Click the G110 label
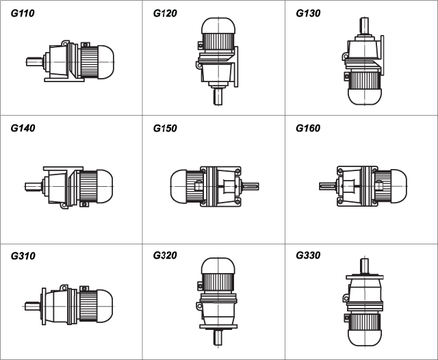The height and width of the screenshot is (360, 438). pyautogui.click(x=23, y=13)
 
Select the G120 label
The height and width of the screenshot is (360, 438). pyautogui.click(x=165, y=13)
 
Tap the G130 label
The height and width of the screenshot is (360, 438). pyautogui.click(x=308, y=13)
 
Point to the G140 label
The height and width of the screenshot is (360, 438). pyautogui.click(x=23, y=128)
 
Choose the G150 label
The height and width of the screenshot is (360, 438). pyautogui.click(x=165, y=128)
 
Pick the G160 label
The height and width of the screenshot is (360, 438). pyautogui.click(x=308, y=128)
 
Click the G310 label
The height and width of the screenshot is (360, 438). pyautogui.click(x=23, y=256)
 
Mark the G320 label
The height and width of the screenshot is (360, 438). pyautogui.click(x=165, y=255)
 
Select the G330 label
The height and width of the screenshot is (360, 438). pyautogui.click(x=308, y=255)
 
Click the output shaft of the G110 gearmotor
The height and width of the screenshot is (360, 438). pyautogui.click(x=35, y=62)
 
